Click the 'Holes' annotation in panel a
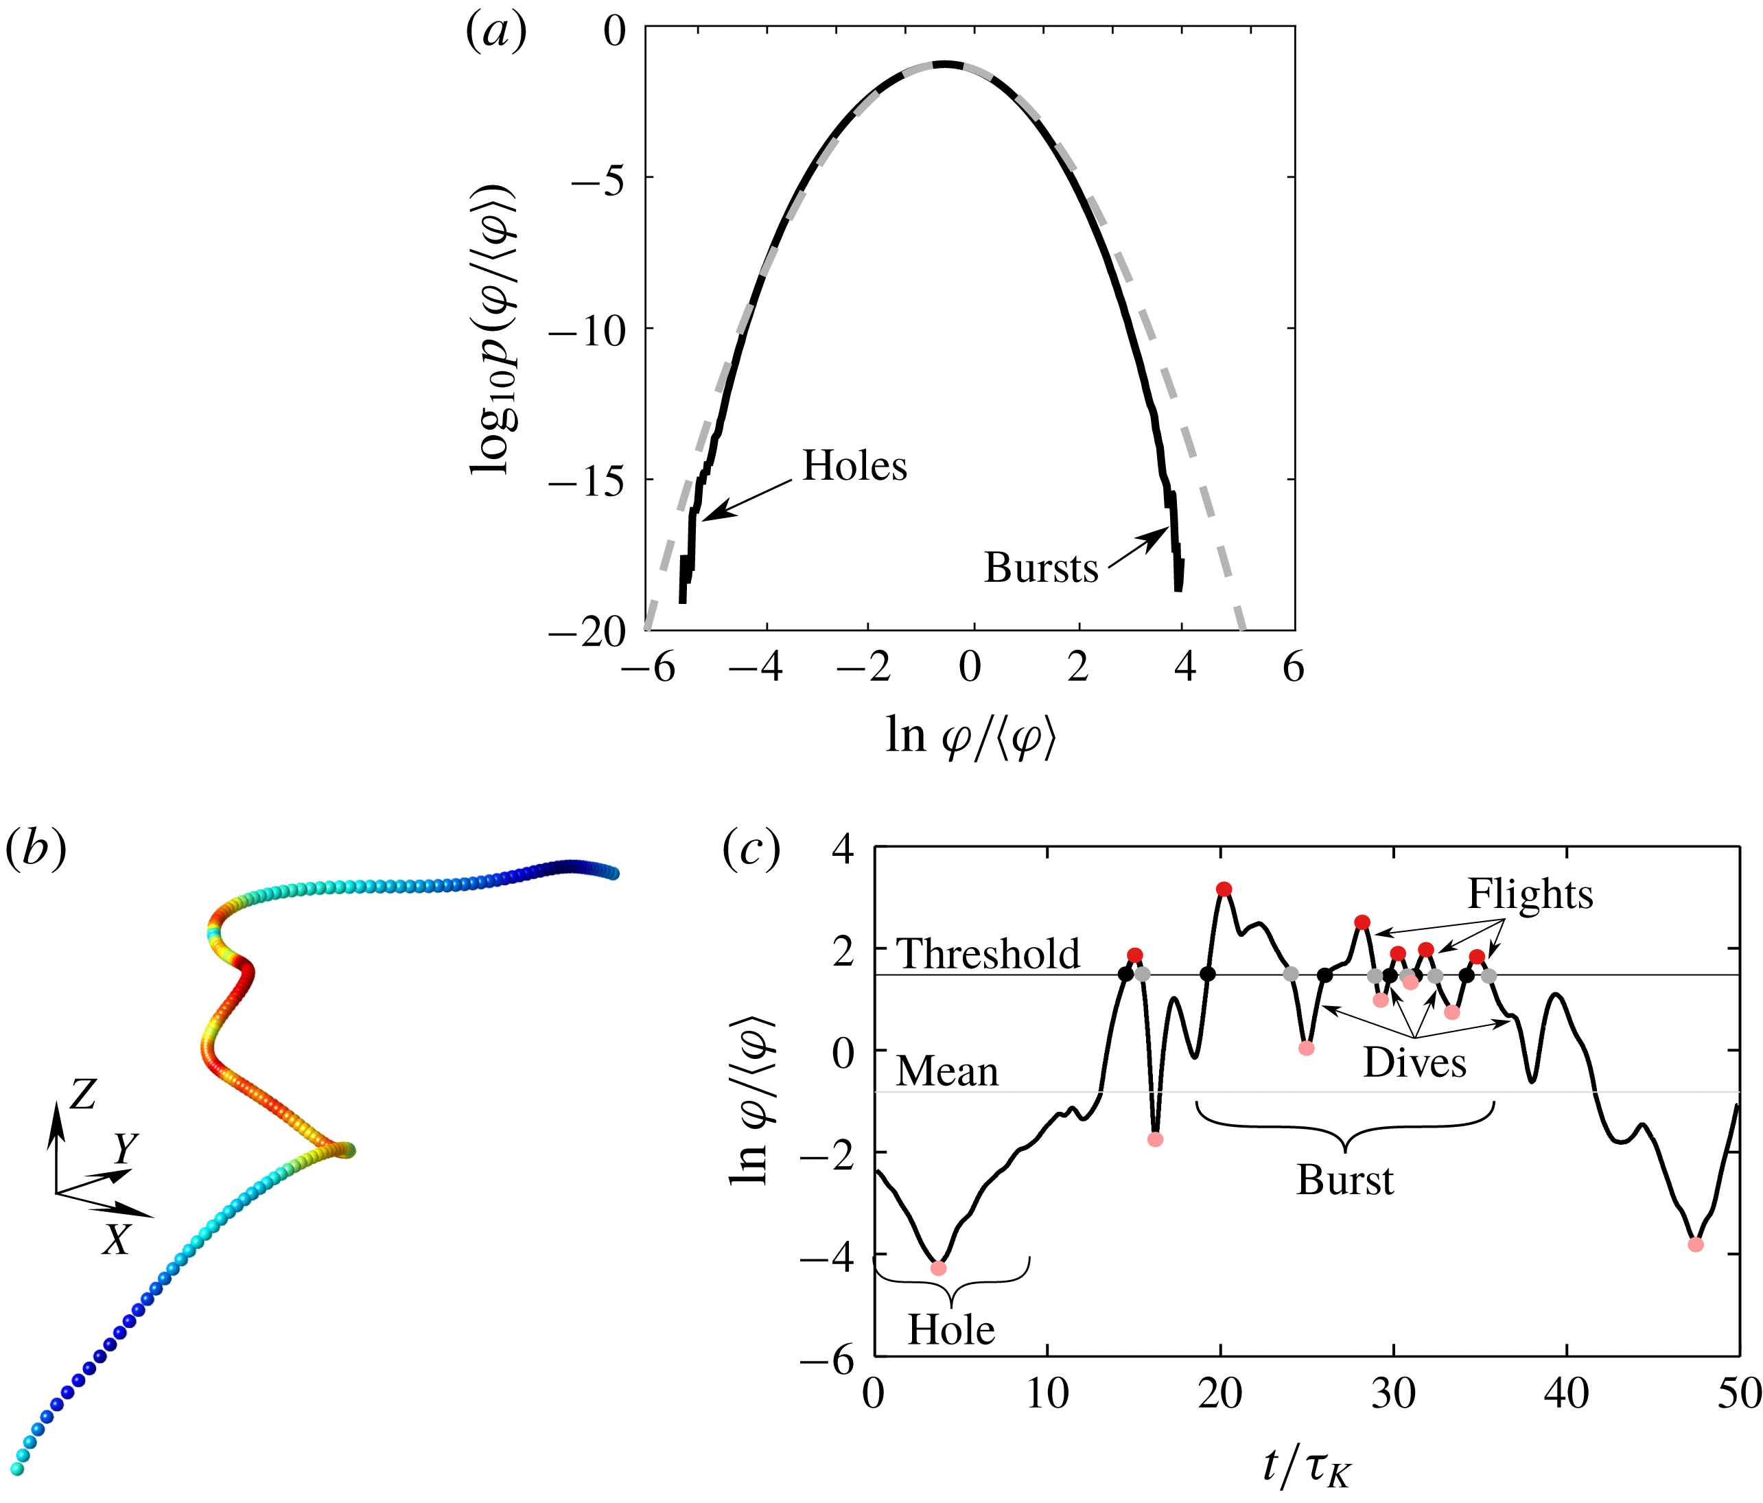tap(854, 467)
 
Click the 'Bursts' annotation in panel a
tap(1040, 568)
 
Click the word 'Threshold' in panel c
tap(988, 954)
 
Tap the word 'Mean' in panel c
tap(947, 1071)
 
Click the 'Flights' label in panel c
tap(1530, 894)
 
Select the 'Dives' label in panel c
tap(1414, 1063)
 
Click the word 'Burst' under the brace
tap(1345, 1180)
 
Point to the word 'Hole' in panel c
tap(950, 1330)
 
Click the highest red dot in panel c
tap(1224, 889)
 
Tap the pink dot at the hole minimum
tap(939, 1268)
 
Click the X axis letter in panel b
tap(116, 1240)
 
